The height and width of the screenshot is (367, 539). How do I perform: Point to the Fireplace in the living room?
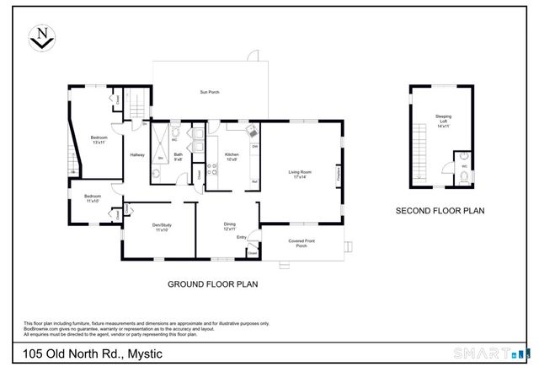tap(338, 178)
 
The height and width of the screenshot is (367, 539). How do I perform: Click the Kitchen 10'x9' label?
tap(232, 156)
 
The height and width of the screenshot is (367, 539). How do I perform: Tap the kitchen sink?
tap(252, 132)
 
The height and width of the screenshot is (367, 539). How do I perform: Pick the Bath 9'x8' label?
tap(179, 156)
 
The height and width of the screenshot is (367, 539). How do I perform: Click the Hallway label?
tap(137, 155)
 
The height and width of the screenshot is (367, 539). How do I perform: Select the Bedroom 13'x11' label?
tap(99, 139)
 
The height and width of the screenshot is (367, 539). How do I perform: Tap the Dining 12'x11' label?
tap(229, 226)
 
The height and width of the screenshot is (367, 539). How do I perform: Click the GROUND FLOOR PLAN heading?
tap(211, 284)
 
